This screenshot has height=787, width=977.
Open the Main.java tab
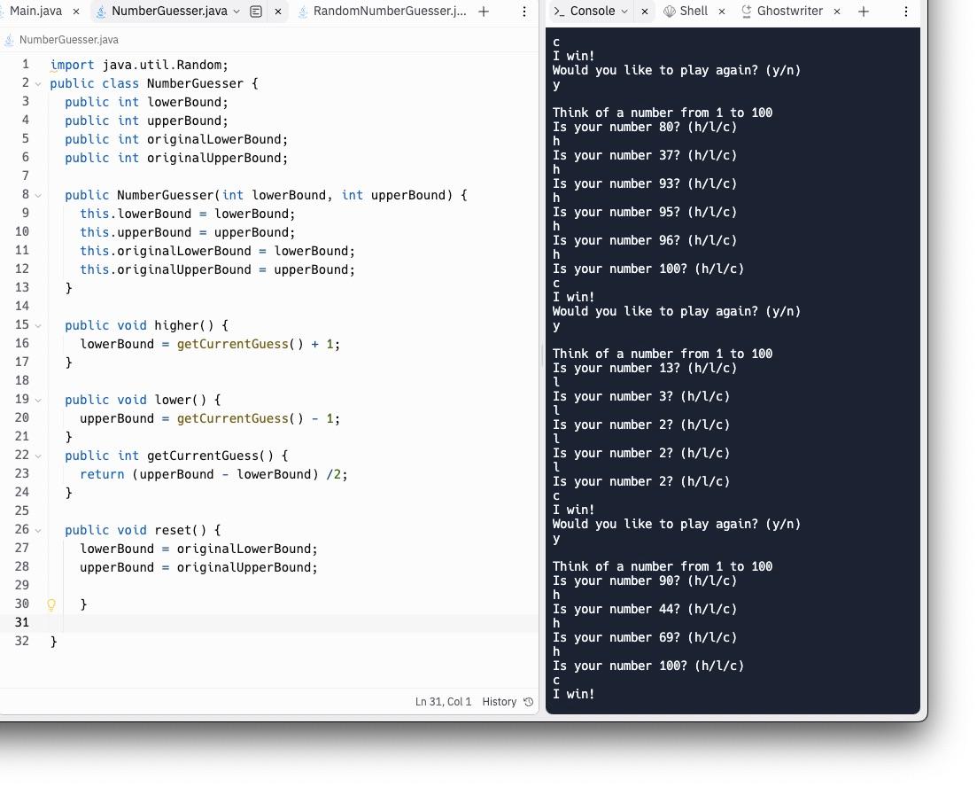point(35,12)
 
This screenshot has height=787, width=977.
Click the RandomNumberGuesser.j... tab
point(390,12)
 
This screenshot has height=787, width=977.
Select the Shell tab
point(694,12)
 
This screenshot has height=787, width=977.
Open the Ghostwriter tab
point(789,12)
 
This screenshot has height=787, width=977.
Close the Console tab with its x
point(644,12)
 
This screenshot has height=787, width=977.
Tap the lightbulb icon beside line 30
point(51,604)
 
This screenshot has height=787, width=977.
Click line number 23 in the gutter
point(22,473)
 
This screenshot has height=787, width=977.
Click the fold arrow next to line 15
point(38,325)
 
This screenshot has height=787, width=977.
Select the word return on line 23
point(102,474)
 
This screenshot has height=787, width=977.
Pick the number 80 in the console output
point(666,128)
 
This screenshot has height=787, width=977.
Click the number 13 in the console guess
point(666,368)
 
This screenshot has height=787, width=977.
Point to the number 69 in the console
point(666,637)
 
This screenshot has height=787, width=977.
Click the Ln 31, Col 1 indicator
point(443,702)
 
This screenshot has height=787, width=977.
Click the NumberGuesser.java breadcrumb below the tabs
point(68,40)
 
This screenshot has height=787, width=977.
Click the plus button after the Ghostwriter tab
point(863,12)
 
